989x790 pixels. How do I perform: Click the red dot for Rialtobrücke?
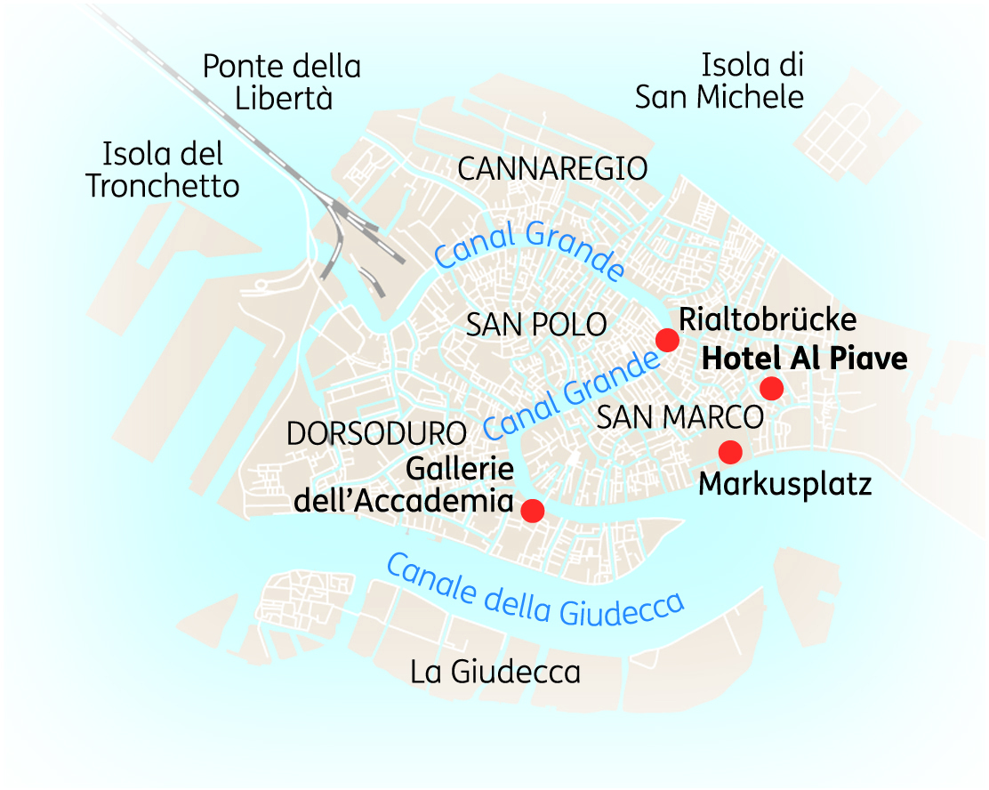[667, 340]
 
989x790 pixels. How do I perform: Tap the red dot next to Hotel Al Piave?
[771, 388]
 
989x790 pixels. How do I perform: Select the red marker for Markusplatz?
[730, 452]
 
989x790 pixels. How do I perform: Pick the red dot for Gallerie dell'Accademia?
[532, 510]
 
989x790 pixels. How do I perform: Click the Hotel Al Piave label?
[805, 359]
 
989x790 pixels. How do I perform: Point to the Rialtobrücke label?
[768, 319]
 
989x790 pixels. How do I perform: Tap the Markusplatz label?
[784, 485]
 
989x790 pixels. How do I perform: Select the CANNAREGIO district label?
[552, 168]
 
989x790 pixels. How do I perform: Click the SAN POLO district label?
[536, 326]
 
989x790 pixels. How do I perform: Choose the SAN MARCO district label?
[680, 416]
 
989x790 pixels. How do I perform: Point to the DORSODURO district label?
[376, 433]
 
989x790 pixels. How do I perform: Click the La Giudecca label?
[495, 673]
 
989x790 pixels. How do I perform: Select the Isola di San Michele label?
[720, 80]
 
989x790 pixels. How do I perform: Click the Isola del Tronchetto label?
[163, 170]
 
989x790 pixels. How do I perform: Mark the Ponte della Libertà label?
[282, 82]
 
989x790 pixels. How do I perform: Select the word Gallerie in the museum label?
[461, 469]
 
